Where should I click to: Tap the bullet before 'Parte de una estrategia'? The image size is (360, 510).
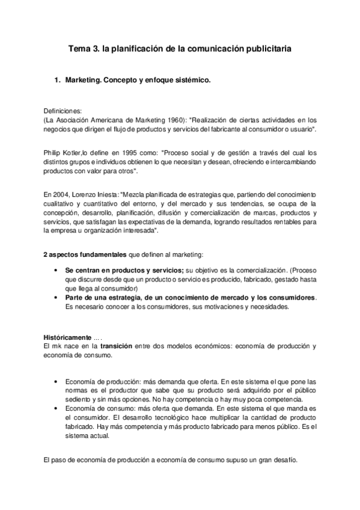pos(56,298)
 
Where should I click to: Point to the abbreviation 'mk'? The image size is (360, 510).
pos(56,347)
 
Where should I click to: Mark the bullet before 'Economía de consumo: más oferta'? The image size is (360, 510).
pos(56,408)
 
